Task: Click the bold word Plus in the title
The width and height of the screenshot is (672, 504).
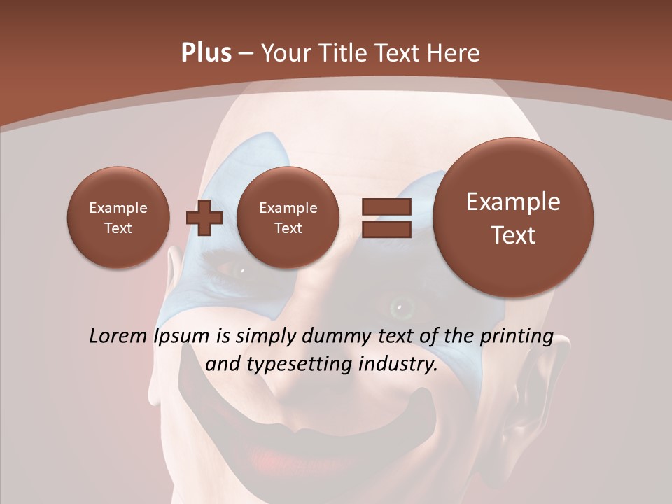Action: point(206,53)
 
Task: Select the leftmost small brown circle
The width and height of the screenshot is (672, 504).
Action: point(118,217)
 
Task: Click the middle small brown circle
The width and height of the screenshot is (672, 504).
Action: point(288,217)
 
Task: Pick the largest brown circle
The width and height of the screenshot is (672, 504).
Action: point(513,218)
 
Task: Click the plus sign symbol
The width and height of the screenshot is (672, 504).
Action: point(204,217)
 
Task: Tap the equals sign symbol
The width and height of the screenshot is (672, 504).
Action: point(386,217)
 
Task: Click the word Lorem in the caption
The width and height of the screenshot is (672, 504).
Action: point(119,336)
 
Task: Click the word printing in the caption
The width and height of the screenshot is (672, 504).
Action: point(517,337)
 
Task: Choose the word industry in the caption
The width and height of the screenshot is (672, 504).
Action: point(397,365)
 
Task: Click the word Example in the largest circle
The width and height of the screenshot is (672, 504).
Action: point(513,202)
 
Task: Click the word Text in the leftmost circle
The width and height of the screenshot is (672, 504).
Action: point(118,228)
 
